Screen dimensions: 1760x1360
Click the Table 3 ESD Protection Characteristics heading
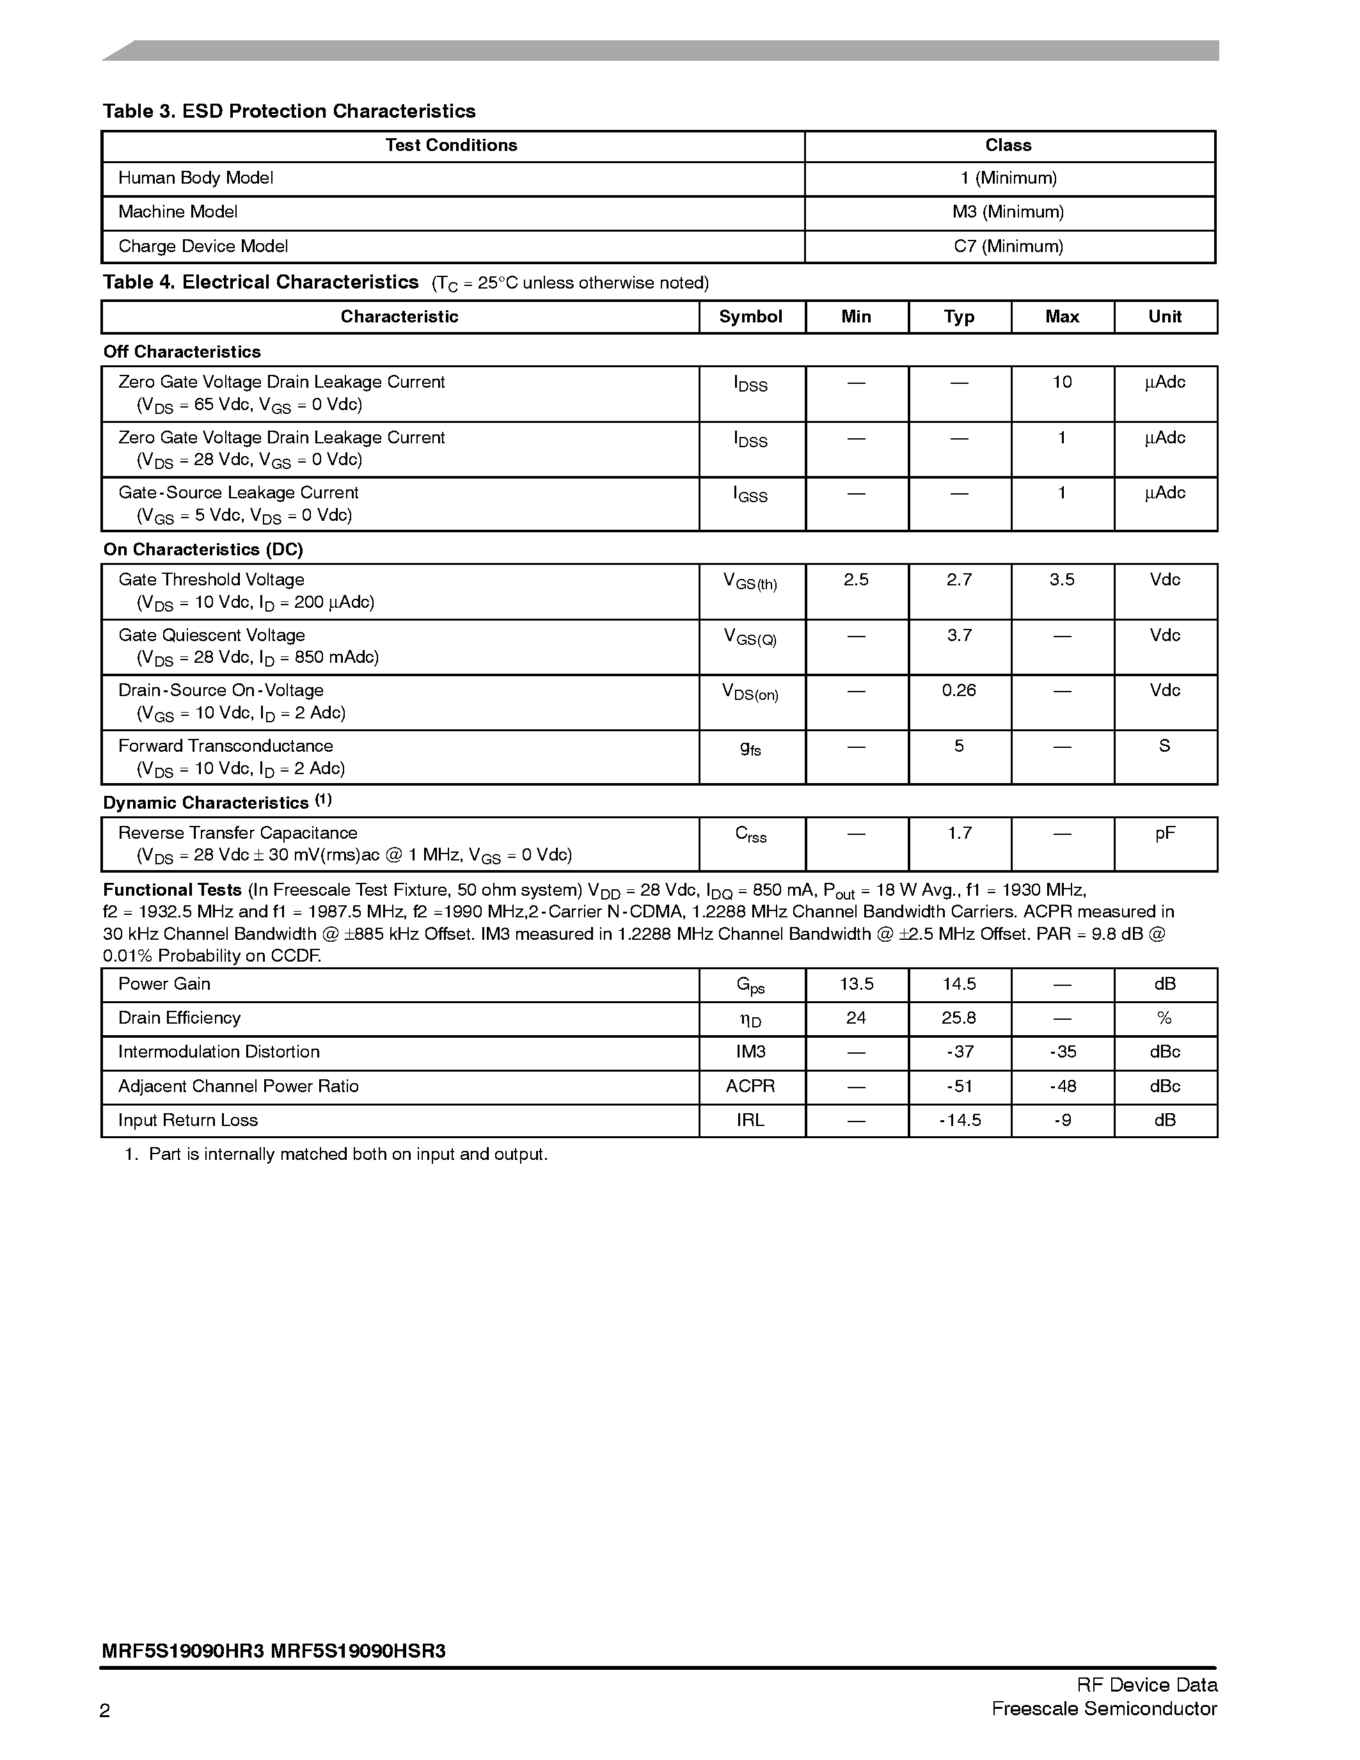[289, 111]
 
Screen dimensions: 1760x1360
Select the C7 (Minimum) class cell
[1008, 246]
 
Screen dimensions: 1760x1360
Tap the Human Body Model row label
[196, 178]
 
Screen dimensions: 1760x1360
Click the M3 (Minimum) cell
[1008, 212]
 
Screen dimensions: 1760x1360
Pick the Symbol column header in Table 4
[750, 317]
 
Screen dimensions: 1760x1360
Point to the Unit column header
[1164, 317]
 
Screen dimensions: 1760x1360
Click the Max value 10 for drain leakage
[1062, 382]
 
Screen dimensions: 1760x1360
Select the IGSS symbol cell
[750, 495]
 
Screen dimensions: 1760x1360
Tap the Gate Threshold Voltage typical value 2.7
[959, 580]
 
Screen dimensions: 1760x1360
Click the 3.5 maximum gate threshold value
[1062, 580]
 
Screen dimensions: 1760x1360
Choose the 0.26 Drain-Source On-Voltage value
[959, 690]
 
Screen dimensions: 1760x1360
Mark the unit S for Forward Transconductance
[1164, 746]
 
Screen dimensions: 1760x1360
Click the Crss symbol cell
[750, 835]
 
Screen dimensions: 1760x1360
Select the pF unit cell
[1164, 833]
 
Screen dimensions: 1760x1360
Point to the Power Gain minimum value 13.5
[856, 984]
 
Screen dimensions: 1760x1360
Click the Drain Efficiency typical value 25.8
[959, 1018]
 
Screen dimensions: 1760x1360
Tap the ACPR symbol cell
[750, 1086]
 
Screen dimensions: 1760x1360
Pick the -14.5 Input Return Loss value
[960, 1120]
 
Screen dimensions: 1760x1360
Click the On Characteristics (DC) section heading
[203, 550]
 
